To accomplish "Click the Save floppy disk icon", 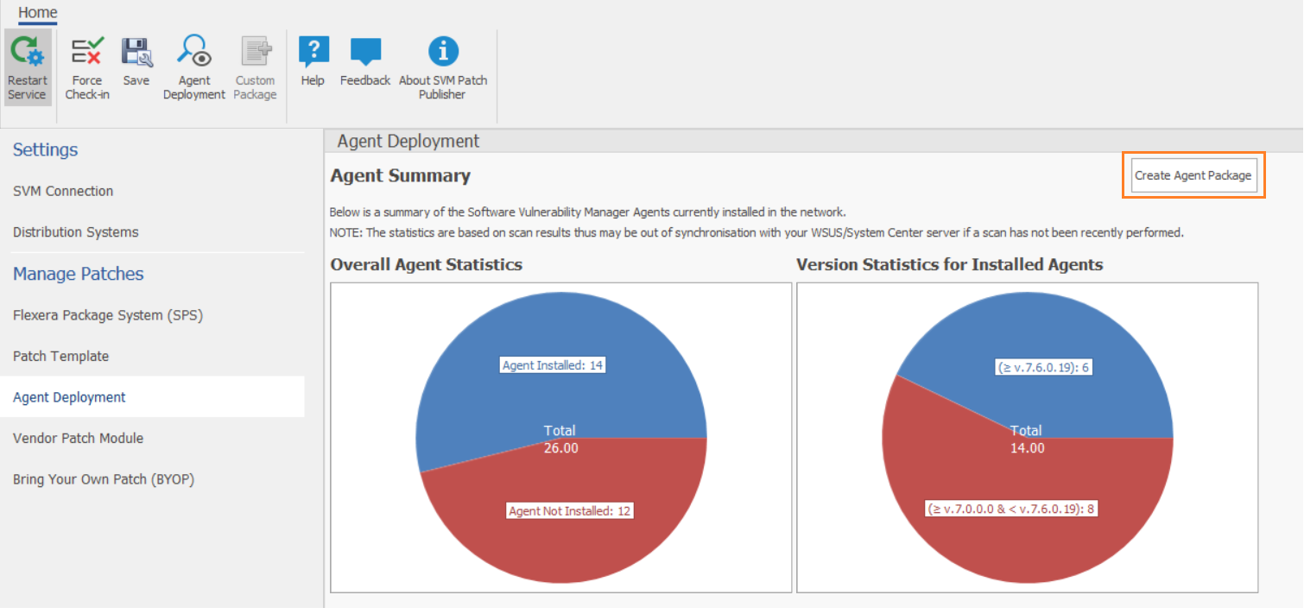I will coord(136,54).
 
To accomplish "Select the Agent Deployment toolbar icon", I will coord(193,54).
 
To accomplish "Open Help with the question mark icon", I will coord(313,54).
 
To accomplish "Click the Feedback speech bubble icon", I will coord(365,54).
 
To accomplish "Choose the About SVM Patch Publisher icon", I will coord(443,54).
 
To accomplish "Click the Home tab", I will coord(38,12).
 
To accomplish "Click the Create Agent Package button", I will coord(1193,175).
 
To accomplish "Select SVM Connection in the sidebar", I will coord(63,191).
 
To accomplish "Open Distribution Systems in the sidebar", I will coord(76,232).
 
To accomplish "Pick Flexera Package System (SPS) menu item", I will coord(108,315).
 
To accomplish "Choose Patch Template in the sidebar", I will coord(61,356).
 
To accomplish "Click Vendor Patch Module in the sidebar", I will coord(79,438).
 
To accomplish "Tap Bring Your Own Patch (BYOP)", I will coord(104,479).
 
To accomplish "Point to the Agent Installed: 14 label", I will coord(553,365).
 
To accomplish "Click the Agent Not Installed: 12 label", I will coord(570,511).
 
